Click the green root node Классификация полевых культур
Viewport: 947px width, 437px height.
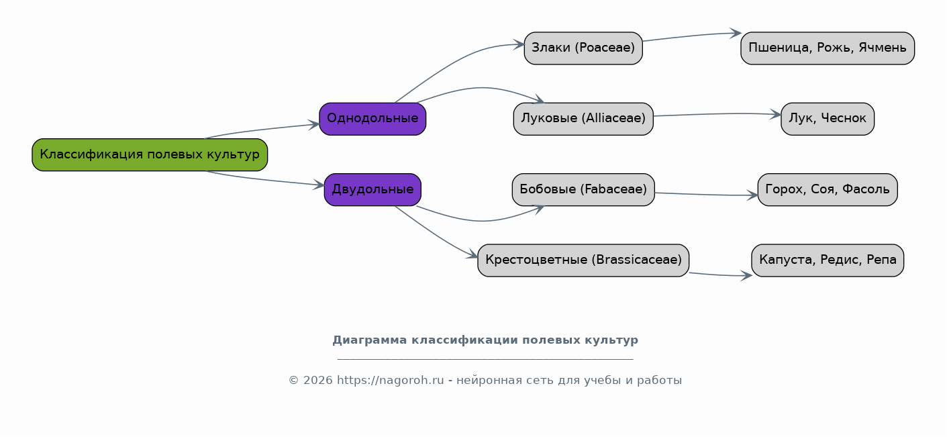click(x=150, y=155)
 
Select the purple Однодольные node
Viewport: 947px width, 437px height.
click(x=372, y=119)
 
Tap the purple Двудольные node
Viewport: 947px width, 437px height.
click(x=372, y=189)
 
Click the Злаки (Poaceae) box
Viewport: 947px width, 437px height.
click(x=583, y=48)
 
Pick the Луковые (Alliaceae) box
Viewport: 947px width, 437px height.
click(x=583, y=119)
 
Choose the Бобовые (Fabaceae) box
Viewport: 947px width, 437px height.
click(x=583, y=189)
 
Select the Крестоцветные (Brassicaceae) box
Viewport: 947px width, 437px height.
click(x=583, y=260)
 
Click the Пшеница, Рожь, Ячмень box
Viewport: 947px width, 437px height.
click(x=828, y=48)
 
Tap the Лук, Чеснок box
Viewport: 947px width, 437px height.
click(x=828, y=119)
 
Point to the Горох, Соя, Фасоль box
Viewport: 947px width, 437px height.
click(x=828, y=189)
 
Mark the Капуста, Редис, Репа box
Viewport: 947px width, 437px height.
click(x=828, y=260)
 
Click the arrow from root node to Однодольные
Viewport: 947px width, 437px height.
click(x=262, y=129)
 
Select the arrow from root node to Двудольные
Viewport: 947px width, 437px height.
click(x=264, y=180)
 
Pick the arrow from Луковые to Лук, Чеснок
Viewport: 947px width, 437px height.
click(x=717, y=113)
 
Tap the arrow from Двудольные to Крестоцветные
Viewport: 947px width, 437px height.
click(x=436, y=234)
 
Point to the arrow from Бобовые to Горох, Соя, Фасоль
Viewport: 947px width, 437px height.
click(x=706, y=195)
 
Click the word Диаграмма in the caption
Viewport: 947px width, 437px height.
click(x=370, y=340)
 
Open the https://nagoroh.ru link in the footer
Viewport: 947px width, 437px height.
click(x=390, y=381)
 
